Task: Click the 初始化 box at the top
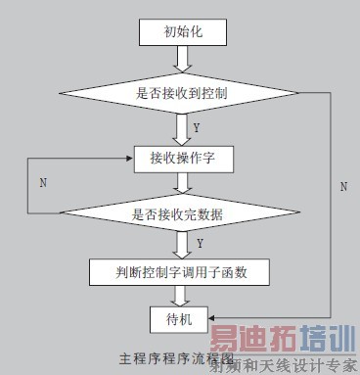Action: click(x=182, y=31)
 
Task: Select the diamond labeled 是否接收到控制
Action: click(x=182, y=95)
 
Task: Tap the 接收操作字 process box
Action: click(x=182, y=158)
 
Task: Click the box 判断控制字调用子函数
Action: click(x=182, y=269)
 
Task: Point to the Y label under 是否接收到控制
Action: click(x=198, y=128)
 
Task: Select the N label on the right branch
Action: click(x=342, y=185)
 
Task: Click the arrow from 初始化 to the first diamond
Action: click(x=182, y=60)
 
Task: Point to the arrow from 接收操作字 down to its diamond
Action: click(x=182, y=182)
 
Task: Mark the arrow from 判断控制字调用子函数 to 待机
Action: click(x=182, y=295)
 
